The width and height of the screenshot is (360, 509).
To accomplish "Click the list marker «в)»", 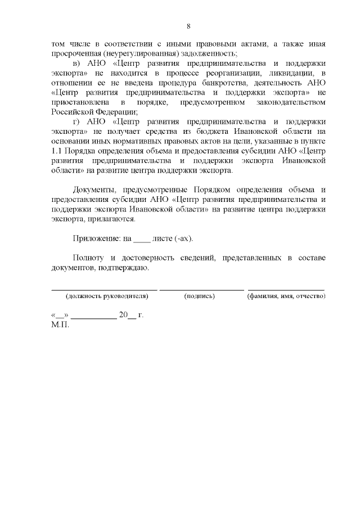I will (78, 64).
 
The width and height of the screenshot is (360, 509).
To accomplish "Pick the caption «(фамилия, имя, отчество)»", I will (286, 296).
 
